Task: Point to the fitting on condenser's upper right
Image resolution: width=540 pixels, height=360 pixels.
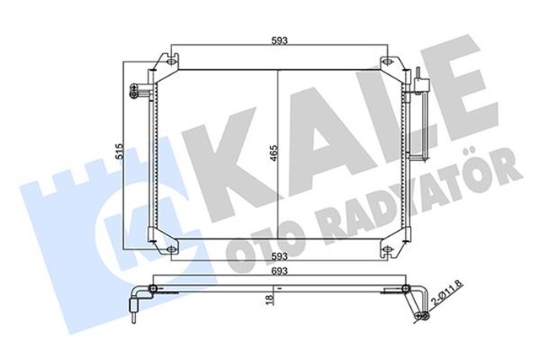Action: tap(422, 84)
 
